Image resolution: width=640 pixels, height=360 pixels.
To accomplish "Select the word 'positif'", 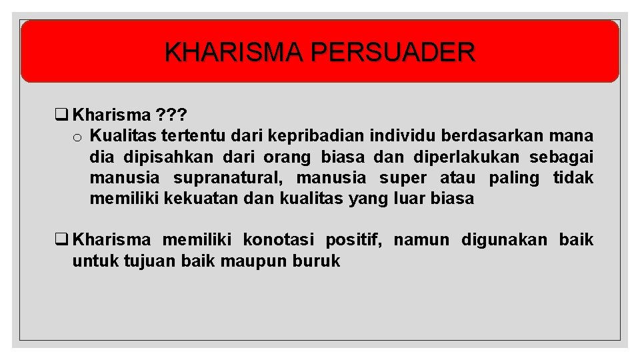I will pyautogui.click(x=353, y=240).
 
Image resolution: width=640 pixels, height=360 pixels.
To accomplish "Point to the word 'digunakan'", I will pyautogui.click(x=504, y=240).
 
